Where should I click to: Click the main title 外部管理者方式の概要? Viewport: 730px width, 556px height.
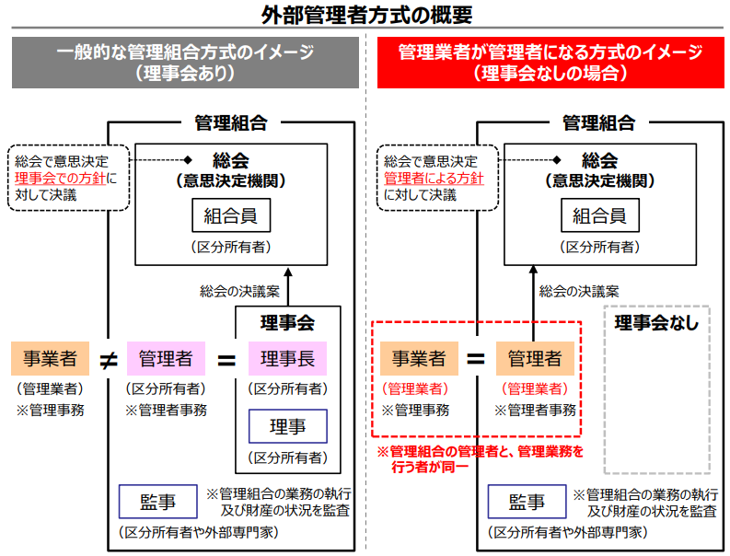(x=365, y=16)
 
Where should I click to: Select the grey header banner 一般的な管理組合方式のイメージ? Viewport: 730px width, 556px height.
(x=185, y=63)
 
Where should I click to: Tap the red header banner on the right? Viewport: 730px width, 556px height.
(x=550, y=63)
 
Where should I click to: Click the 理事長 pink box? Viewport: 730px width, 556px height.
(x=287, y=358)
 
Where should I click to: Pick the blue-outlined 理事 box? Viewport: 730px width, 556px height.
(x=287, y=426)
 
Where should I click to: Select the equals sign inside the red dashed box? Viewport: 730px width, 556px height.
(x=475, y=359)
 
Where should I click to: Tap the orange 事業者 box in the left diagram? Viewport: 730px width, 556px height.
(x=50, y=358)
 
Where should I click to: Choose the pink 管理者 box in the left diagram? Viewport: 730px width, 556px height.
(x=166, y=358)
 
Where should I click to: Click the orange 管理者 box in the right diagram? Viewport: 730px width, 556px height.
(x=535, y=358)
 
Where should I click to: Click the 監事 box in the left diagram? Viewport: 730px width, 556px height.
(x=157, y=502)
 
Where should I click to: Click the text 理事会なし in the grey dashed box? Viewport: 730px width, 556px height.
(x=656, y=323)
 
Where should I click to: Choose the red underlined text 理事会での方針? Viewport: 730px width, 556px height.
(x=61, y=178)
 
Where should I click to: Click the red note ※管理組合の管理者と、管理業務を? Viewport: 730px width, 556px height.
(x=480, y=451)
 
